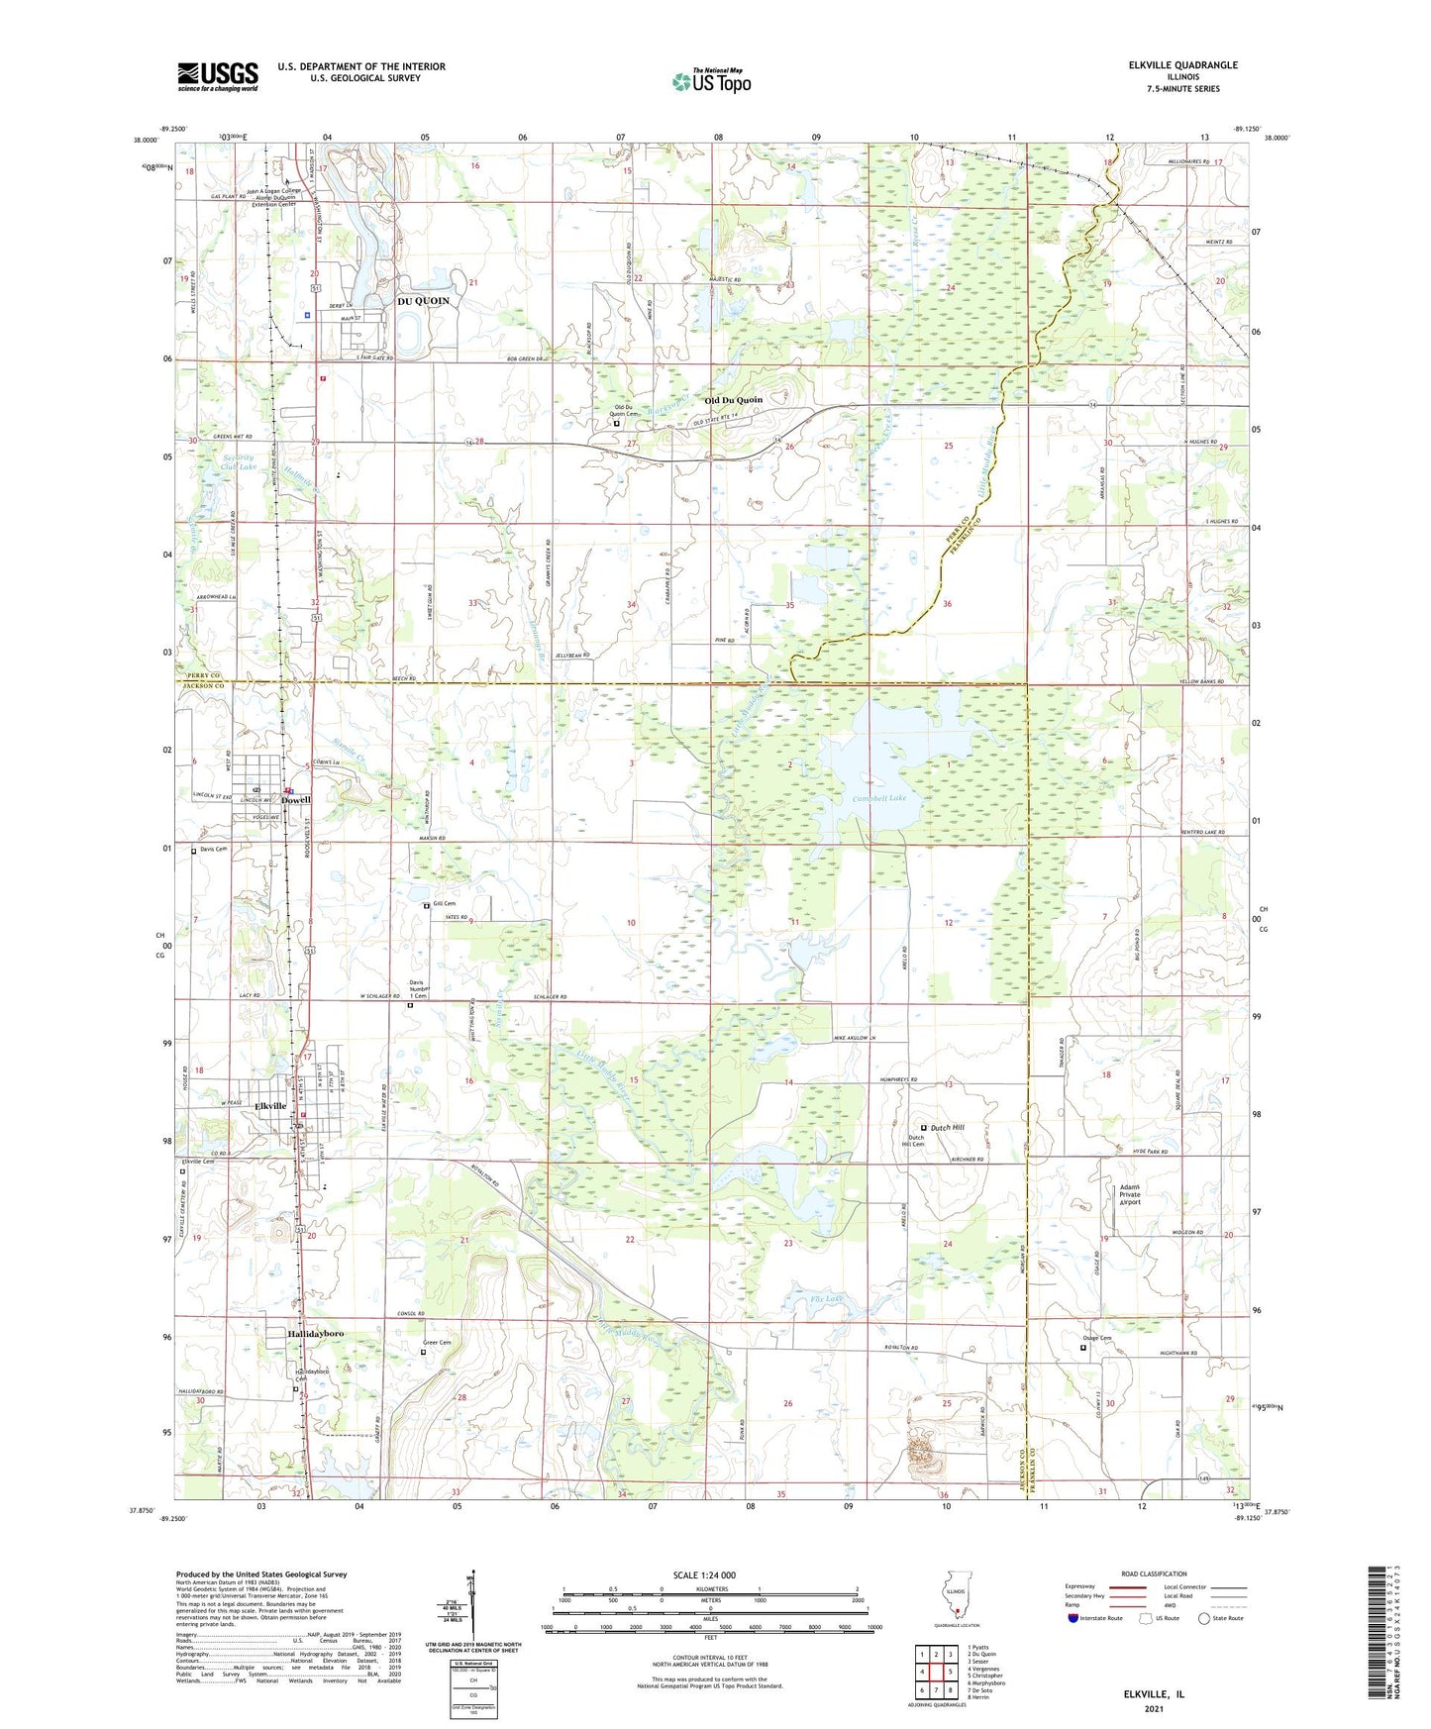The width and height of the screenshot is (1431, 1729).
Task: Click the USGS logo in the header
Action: (x=218, y=76)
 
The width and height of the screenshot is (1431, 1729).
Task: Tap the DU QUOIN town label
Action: (x=423, y=301)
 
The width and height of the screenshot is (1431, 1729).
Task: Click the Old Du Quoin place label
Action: (x=733, y=400)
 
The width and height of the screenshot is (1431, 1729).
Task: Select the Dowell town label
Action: (x=296, y=800)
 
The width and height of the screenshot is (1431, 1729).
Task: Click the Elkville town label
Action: (x=270, y=1106)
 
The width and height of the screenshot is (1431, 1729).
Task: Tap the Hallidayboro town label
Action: (x=315, y=1335)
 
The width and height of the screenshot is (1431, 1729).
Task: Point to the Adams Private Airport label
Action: (x=1130, y=1194)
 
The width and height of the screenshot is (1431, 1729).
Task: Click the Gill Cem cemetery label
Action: (x=445, y=904)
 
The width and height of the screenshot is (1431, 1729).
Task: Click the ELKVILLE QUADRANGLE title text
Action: (x=1182, y=65)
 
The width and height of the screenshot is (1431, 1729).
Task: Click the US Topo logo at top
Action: (x=710, y=81)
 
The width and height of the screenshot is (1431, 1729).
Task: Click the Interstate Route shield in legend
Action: (x=1073, y=1618)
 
